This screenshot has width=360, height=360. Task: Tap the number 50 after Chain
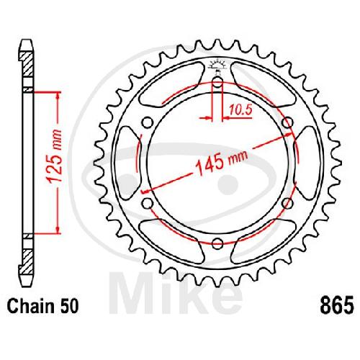69,307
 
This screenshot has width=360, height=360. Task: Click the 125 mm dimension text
55,156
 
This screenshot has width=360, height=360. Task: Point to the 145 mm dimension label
222,161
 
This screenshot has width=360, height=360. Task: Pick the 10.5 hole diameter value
240,110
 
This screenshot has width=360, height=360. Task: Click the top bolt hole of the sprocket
217,83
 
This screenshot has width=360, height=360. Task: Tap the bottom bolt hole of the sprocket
217,243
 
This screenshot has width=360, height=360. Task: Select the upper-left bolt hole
148,123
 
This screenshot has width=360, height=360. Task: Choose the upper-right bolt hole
287,123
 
